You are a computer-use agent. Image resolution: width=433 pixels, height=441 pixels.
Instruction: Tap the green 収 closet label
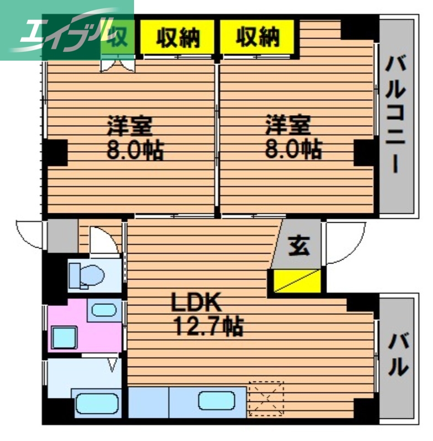117,37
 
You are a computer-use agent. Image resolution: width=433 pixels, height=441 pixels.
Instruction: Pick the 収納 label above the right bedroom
258,37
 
